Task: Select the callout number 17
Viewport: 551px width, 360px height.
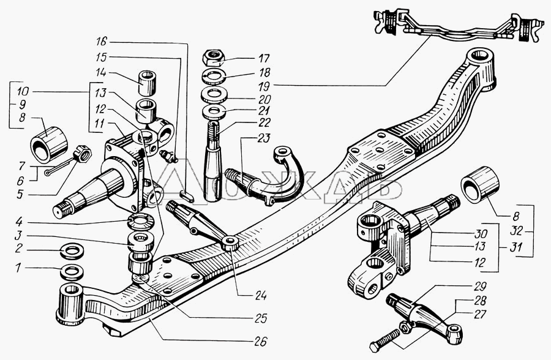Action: tap(263, 58)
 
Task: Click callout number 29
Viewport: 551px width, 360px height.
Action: tap(479, 287)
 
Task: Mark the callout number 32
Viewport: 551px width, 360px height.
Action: tap(517, 231)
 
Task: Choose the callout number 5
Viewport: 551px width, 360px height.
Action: tap(21, 194)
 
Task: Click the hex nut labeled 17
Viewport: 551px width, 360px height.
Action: tap(213, 58)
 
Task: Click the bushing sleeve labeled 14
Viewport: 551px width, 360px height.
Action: tap(148, 83)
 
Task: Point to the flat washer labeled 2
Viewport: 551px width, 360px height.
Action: tap(72, 252)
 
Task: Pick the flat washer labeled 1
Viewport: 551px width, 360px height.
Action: tap(72, 272)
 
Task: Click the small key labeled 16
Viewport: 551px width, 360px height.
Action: tap(186, 195)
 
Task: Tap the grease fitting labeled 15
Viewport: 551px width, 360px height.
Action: tap(168, 156)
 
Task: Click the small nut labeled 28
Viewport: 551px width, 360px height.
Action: tap(405, 328)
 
